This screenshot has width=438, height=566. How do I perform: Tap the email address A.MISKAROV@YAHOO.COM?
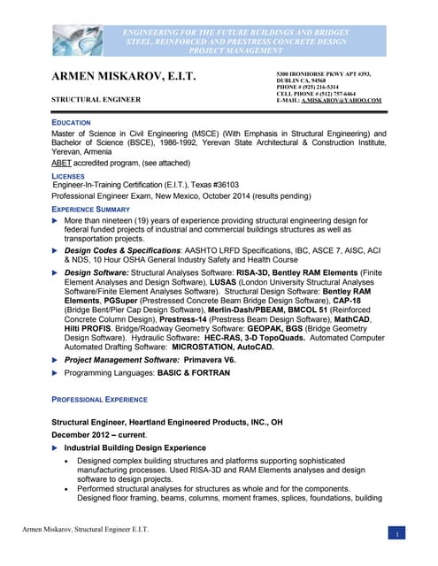coord(342,101)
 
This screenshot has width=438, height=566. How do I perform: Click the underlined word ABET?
coord(63,164)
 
